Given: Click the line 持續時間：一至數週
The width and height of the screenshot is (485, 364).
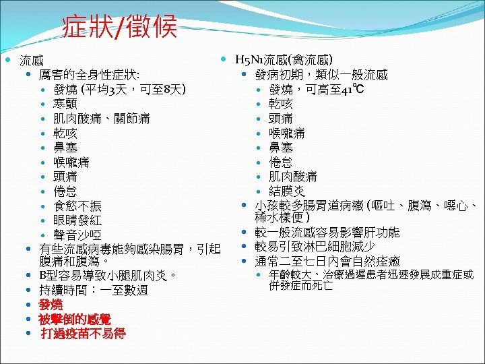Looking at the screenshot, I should pyautogui.click(x=94, y=291).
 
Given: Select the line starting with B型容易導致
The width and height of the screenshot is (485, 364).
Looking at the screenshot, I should pyautogui.click(x=108, y=276).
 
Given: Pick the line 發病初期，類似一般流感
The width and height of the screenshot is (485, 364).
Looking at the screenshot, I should pyautogui.click(x=321, y=74).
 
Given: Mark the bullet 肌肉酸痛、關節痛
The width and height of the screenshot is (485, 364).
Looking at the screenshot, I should pyautogui.click(x=101, y=119).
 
